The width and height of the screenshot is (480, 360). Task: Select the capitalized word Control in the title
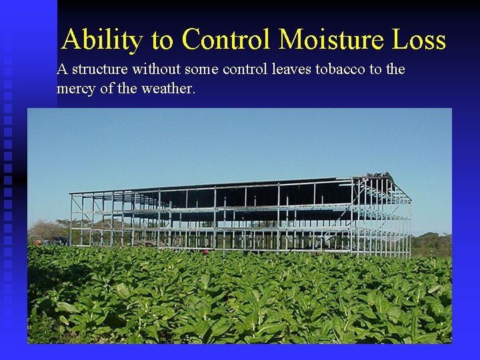(x=227, y=40)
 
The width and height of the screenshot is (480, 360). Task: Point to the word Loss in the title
(x=418, y=40)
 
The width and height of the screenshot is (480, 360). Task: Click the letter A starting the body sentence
(x=62, y=69)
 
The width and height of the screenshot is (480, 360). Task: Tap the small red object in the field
(x=205, y=252)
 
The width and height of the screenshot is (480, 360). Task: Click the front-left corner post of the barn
(x=71, y=220)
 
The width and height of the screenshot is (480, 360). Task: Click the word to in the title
(x=162, y=40)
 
